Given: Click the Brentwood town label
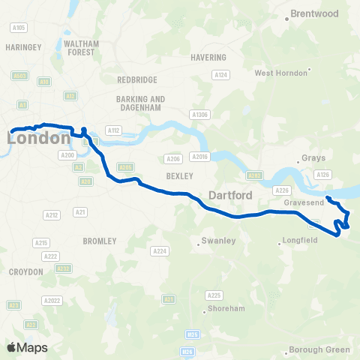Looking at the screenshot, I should [315, 13].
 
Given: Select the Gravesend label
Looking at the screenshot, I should [303, 202].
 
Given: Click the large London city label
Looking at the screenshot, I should [39, 138].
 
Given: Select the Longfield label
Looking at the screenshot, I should [301, 241].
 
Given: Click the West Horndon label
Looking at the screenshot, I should [280, 73].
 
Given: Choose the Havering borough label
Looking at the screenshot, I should [208, 57].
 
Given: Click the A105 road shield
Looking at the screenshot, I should [19, 28].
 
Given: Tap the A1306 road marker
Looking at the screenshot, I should [199, 114].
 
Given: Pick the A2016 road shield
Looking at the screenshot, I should [199, 156].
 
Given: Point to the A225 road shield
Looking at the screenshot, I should [214, 295].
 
